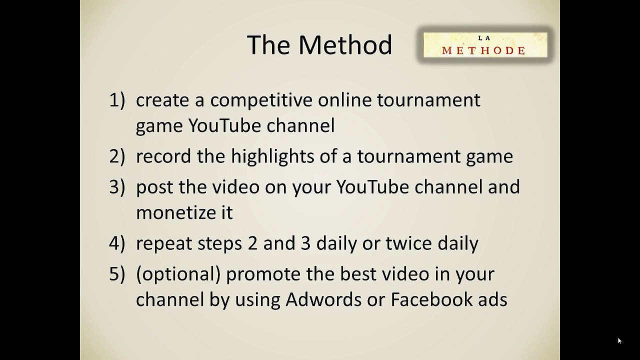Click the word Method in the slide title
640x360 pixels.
coord(345,45)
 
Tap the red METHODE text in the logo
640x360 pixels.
coord(483,50)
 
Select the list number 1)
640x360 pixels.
coord(117,100)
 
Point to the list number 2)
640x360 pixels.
coord(117,156)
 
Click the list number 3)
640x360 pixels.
coord(117,187)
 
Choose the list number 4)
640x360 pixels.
coord(117,243)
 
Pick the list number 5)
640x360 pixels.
coord(117,274)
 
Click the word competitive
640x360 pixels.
coord(261,101)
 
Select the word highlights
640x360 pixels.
coord(272,157)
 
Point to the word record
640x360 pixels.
coord(163,157)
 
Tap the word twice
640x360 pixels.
coord(409,243)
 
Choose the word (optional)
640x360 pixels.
coord(178,274)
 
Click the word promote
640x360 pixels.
coord(263,274)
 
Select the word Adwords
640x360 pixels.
coord(323,299)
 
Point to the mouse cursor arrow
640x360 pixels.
coord(619,341)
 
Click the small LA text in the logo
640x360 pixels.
coord(484,38)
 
